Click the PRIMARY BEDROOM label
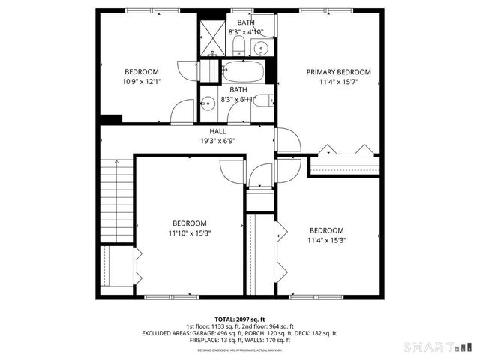point(338,72)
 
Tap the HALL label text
point(217,131)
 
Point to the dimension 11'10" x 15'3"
point(189,233)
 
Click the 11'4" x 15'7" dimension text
point(338,82)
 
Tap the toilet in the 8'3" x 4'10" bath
point(238,47)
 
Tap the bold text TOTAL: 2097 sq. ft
point(240,319)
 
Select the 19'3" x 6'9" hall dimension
point(217,140)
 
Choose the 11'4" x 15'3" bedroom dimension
point(326,240)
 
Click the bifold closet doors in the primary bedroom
point(345,149)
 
